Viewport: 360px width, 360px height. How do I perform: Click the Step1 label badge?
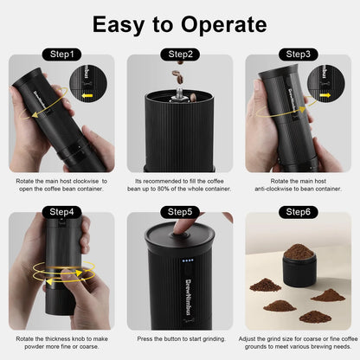61,55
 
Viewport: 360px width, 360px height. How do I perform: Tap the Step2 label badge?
180,55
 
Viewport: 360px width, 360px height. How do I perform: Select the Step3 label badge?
299,55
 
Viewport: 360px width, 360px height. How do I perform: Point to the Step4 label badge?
61,212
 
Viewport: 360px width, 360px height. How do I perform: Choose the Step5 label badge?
180,212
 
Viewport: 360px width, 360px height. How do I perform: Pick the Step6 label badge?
299,212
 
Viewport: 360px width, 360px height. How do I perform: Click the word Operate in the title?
224,25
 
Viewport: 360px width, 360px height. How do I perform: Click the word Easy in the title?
119,25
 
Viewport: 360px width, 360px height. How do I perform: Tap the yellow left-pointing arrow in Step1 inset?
87,95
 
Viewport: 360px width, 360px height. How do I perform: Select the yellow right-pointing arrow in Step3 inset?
325,95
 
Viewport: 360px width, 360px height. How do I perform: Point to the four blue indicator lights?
188,260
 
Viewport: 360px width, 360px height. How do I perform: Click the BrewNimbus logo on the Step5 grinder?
190,298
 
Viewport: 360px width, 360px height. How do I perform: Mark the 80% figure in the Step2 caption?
164,189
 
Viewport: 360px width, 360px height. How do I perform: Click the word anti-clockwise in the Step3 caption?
273,189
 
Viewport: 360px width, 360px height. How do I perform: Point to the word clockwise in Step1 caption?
86,181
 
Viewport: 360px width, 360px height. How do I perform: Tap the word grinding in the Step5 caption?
213,339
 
